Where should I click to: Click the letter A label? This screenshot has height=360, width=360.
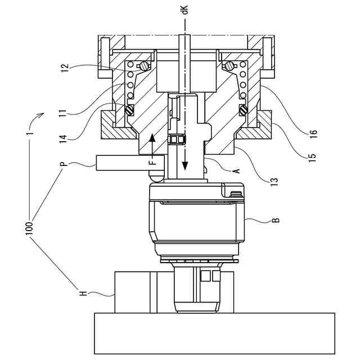coord(236,170)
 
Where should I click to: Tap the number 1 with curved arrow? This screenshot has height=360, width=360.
coord(32,136)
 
